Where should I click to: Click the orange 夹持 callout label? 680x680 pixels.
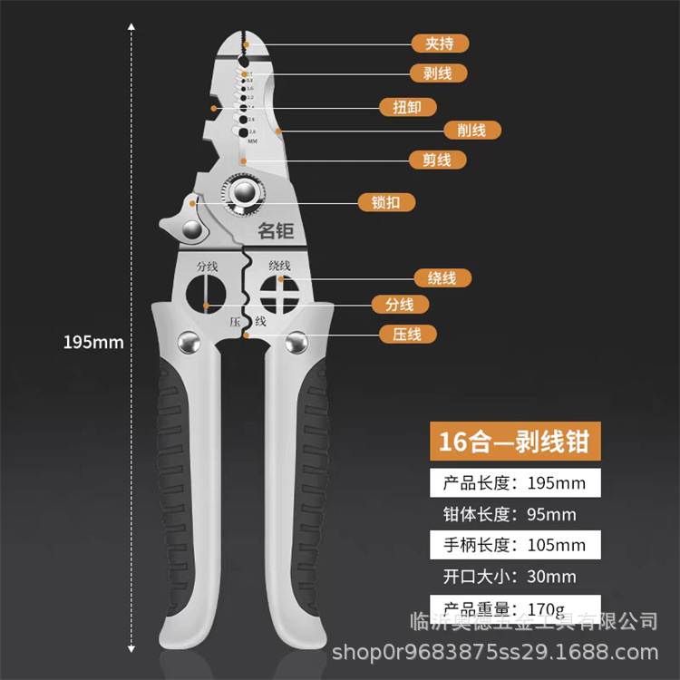click(439, 43)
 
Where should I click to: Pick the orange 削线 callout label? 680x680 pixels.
click(471, 131)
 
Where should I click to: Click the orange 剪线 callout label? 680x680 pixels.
click(438, 160)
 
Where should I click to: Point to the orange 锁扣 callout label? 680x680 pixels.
click(387, 202)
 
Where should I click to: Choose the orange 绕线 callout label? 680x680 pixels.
click(442, 277)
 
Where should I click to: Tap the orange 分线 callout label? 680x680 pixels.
click(400, 305)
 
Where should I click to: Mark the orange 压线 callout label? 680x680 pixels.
click(407, 334)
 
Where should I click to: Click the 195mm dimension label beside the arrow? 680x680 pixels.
click(92, 343)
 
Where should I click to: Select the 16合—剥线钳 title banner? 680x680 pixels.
click(514, 442)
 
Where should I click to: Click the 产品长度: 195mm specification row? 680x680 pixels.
click(514, 483)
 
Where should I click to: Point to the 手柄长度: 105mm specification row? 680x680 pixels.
click(514, 545)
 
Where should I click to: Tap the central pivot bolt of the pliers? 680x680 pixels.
click(242, 191)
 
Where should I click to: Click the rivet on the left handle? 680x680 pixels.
click(189, 342)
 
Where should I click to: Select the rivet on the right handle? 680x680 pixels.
click(295, 342)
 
